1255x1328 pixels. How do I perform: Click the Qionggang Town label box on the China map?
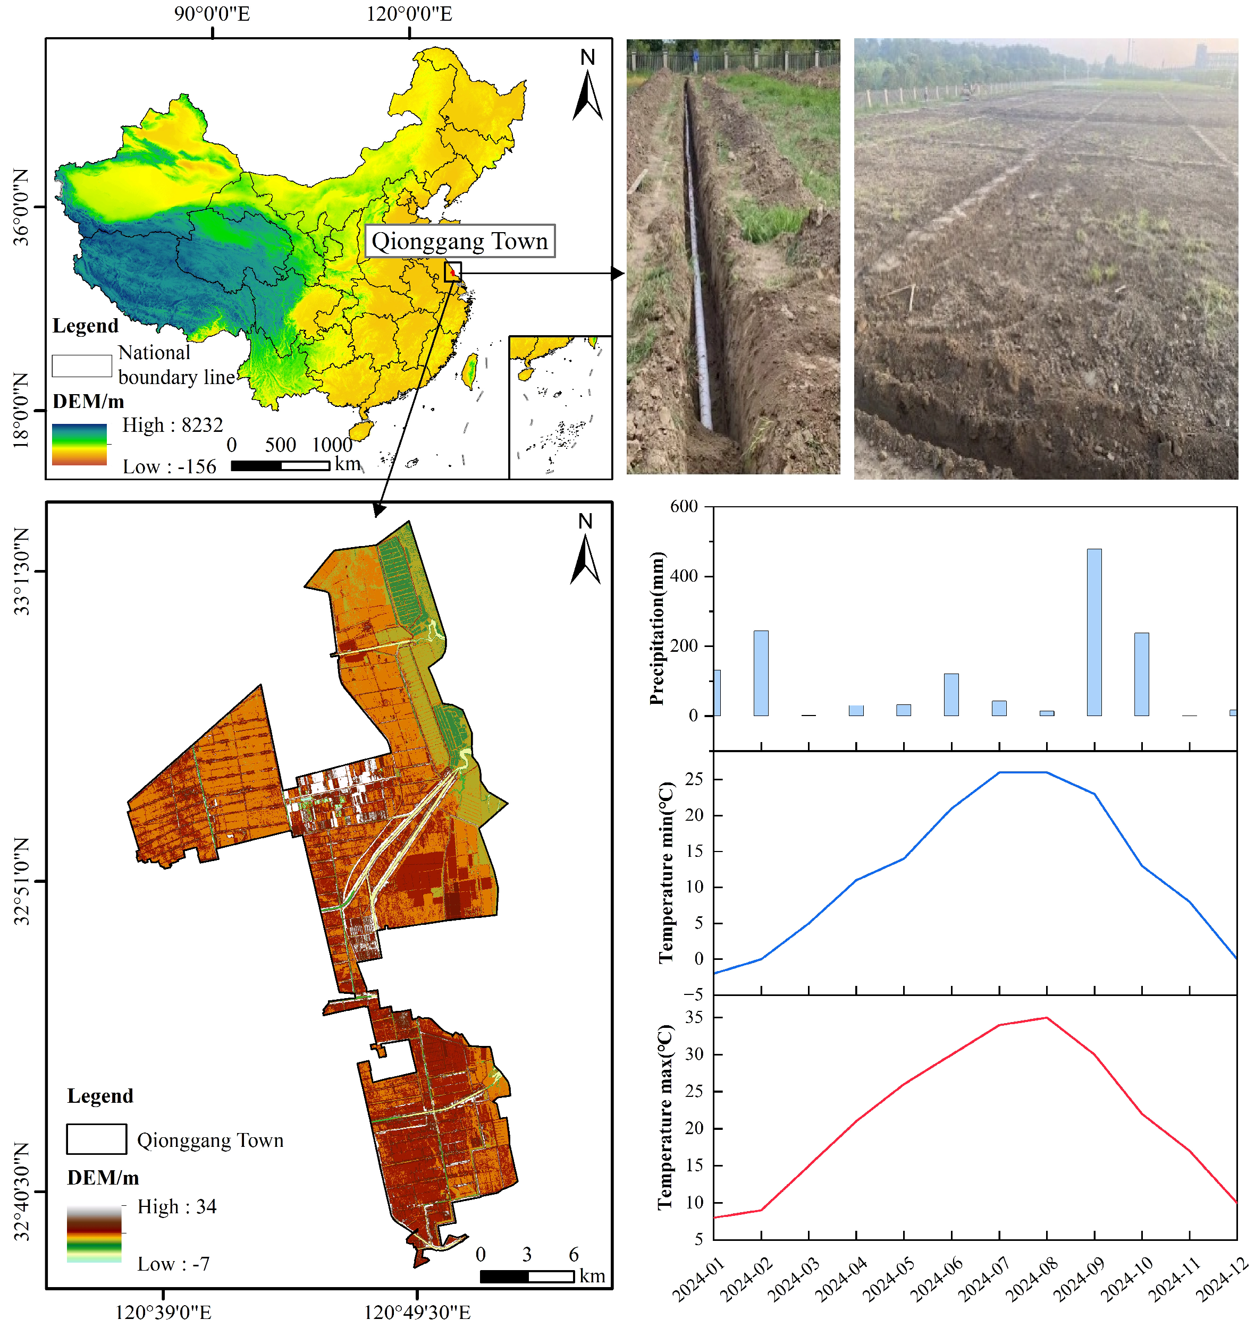[x=460, y=241]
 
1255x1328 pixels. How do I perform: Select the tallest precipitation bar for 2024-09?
[x=1094, y=632]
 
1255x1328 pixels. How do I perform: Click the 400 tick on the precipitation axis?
[x=683, y=576]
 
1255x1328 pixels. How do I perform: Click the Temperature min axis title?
[x=666, y=873]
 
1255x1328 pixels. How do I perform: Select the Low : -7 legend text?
[x=173, y=1264]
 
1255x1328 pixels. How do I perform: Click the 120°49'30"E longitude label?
[x=417, y=1313]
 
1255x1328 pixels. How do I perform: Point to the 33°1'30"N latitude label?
[x=22, y=571]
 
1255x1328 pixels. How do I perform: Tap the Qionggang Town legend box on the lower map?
[x=96, y=1139]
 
